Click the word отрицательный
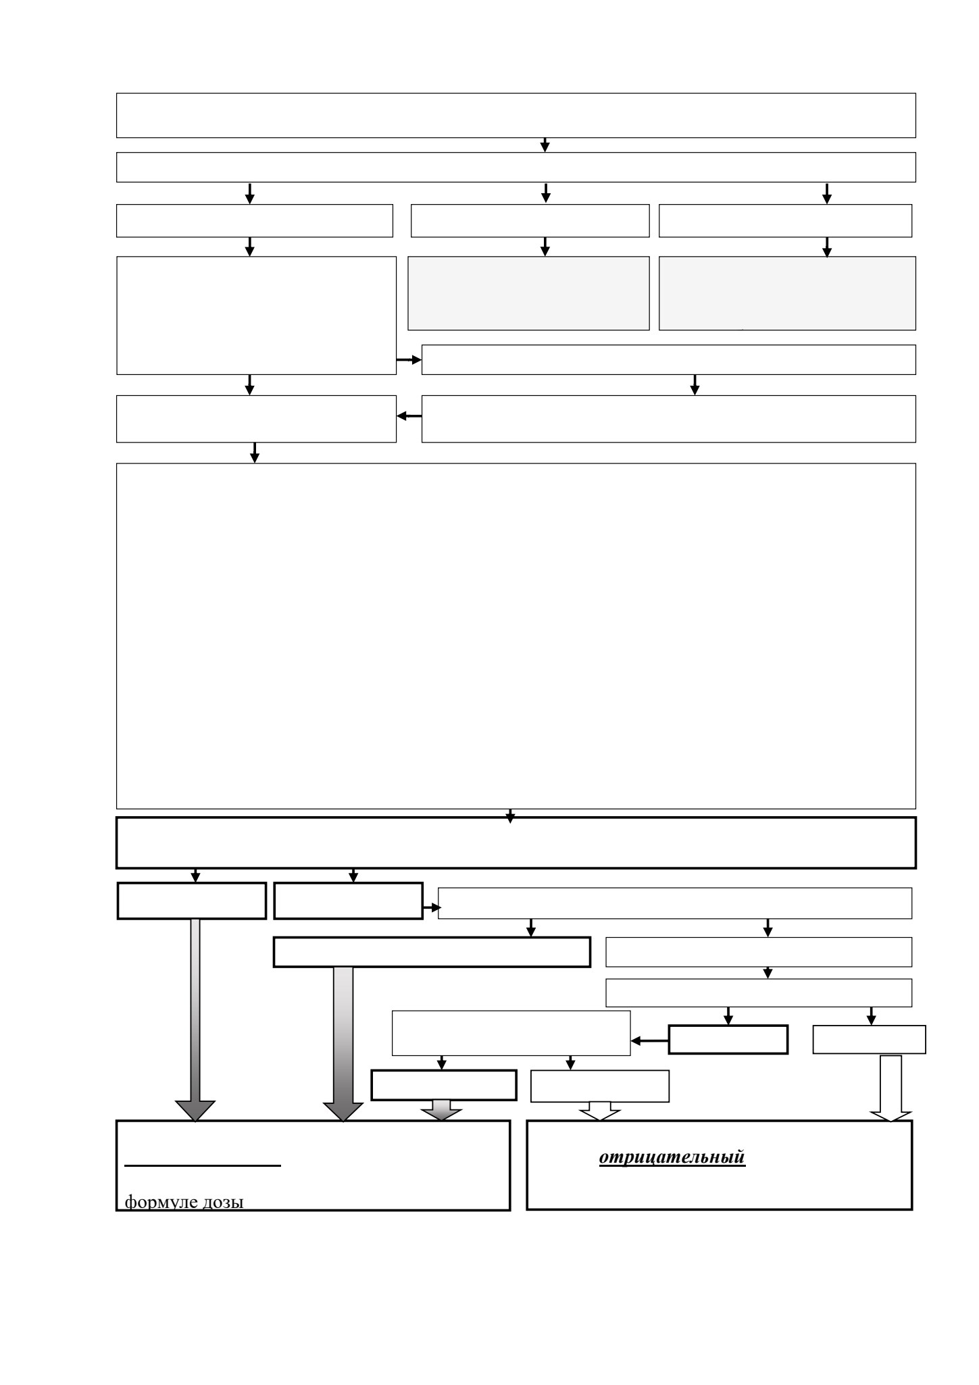coord(672,1157)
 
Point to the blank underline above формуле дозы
coord(203,1165)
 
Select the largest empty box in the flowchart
coord(516,636)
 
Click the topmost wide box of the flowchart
coord(516,116)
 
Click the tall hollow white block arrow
coord(891,1088)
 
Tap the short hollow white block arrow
coord(600,1111)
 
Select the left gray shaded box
coord(528,293)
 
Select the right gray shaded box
coord(787,293)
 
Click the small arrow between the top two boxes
coord(545,145)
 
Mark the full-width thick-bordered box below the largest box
coord(516,842)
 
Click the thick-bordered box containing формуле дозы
coord(313,1165)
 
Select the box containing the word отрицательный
coord(720,1165)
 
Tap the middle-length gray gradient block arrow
coord(343,1044)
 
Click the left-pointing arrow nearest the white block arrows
coord(650,1041)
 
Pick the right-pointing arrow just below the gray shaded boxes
coord(409,360)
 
